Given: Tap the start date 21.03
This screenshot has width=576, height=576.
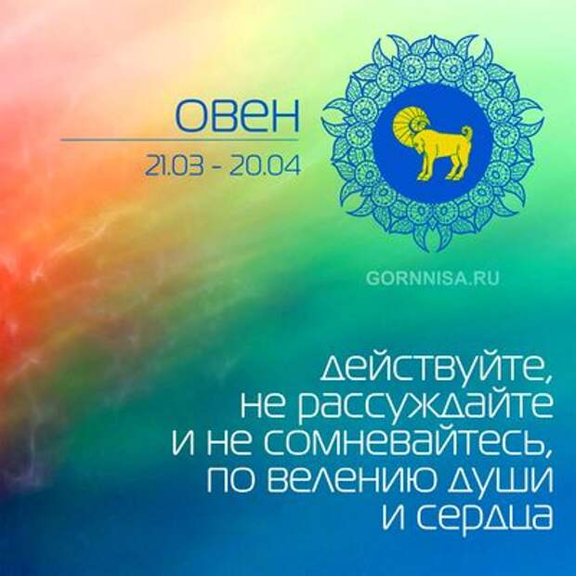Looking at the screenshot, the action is [x=174, y=165].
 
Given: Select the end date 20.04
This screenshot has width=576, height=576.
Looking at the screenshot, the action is [x=265, y=165].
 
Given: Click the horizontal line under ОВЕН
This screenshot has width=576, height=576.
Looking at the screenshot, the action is [x=179, y=140].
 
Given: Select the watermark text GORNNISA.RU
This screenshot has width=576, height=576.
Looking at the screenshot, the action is [x=432, y=279].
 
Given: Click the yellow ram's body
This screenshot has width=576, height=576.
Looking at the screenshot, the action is [x=441, y=142].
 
